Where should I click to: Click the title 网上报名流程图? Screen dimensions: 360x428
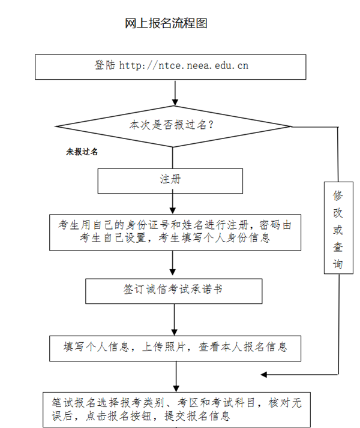coord(166,23)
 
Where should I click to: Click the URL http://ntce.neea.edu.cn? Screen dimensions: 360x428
coord(184,65)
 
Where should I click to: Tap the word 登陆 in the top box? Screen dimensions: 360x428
coord(105,65)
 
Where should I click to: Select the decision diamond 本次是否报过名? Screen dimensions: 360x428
coord(174,126)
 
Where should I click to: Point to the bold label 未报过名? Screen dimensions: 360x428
coord(82,152)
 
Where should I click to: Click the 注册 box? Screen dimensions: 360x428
coord(170,181)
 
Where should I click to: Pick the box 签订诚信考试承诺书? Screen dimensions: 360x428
coord(174,291)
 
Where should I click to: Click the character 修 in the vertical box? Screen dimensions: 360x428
coord(338,195)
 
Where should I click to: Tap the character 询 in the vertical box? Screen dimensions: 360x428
coord(338,264)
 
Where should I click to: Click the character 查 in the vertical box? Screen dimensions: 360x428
coord(338,247)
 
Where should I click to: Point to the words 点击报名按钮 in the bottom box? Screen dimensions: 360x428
coord(119,416)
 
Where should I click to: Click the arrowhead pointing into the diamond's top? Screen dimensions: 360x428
coord(175,103)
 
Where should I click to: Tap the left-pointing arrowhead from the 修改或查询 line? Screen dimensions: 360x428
coord(263,375)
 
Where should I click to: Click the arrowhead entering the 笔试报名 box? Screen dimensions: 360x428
coord(176,388)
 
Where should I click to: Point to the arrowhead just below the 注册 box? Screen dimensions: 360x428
coord(173,210)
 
